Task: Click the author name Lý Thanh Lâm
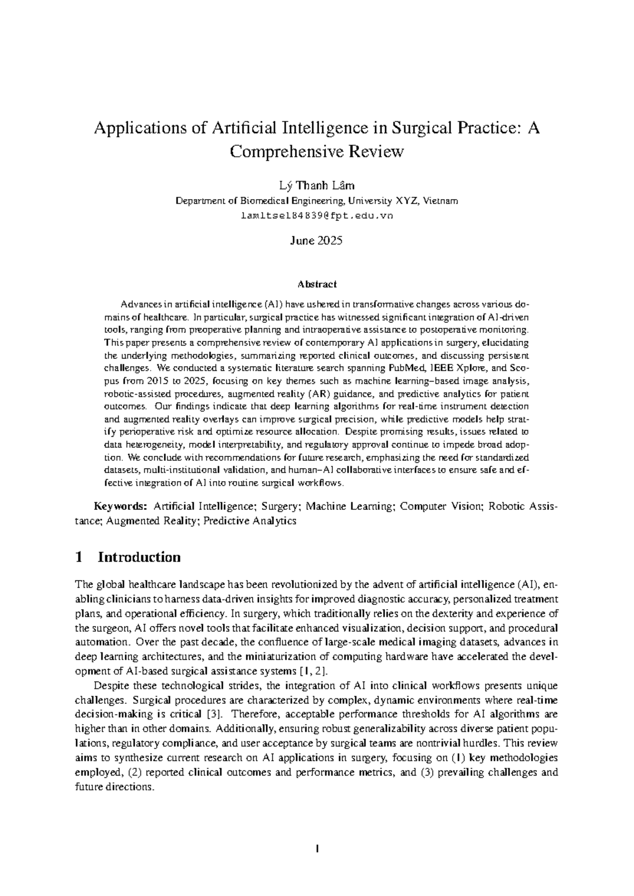(316, 185)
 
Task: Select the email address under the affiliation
(316, 216)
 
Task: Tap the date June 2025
(316, 241)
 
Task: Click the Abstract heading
(316, 284)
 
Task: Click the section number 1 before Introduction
(79, 557)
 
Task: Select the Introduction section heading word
(139, 557)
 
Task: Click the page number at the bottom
(316, 850)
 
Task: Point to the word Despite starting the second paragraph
(111, 686)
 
